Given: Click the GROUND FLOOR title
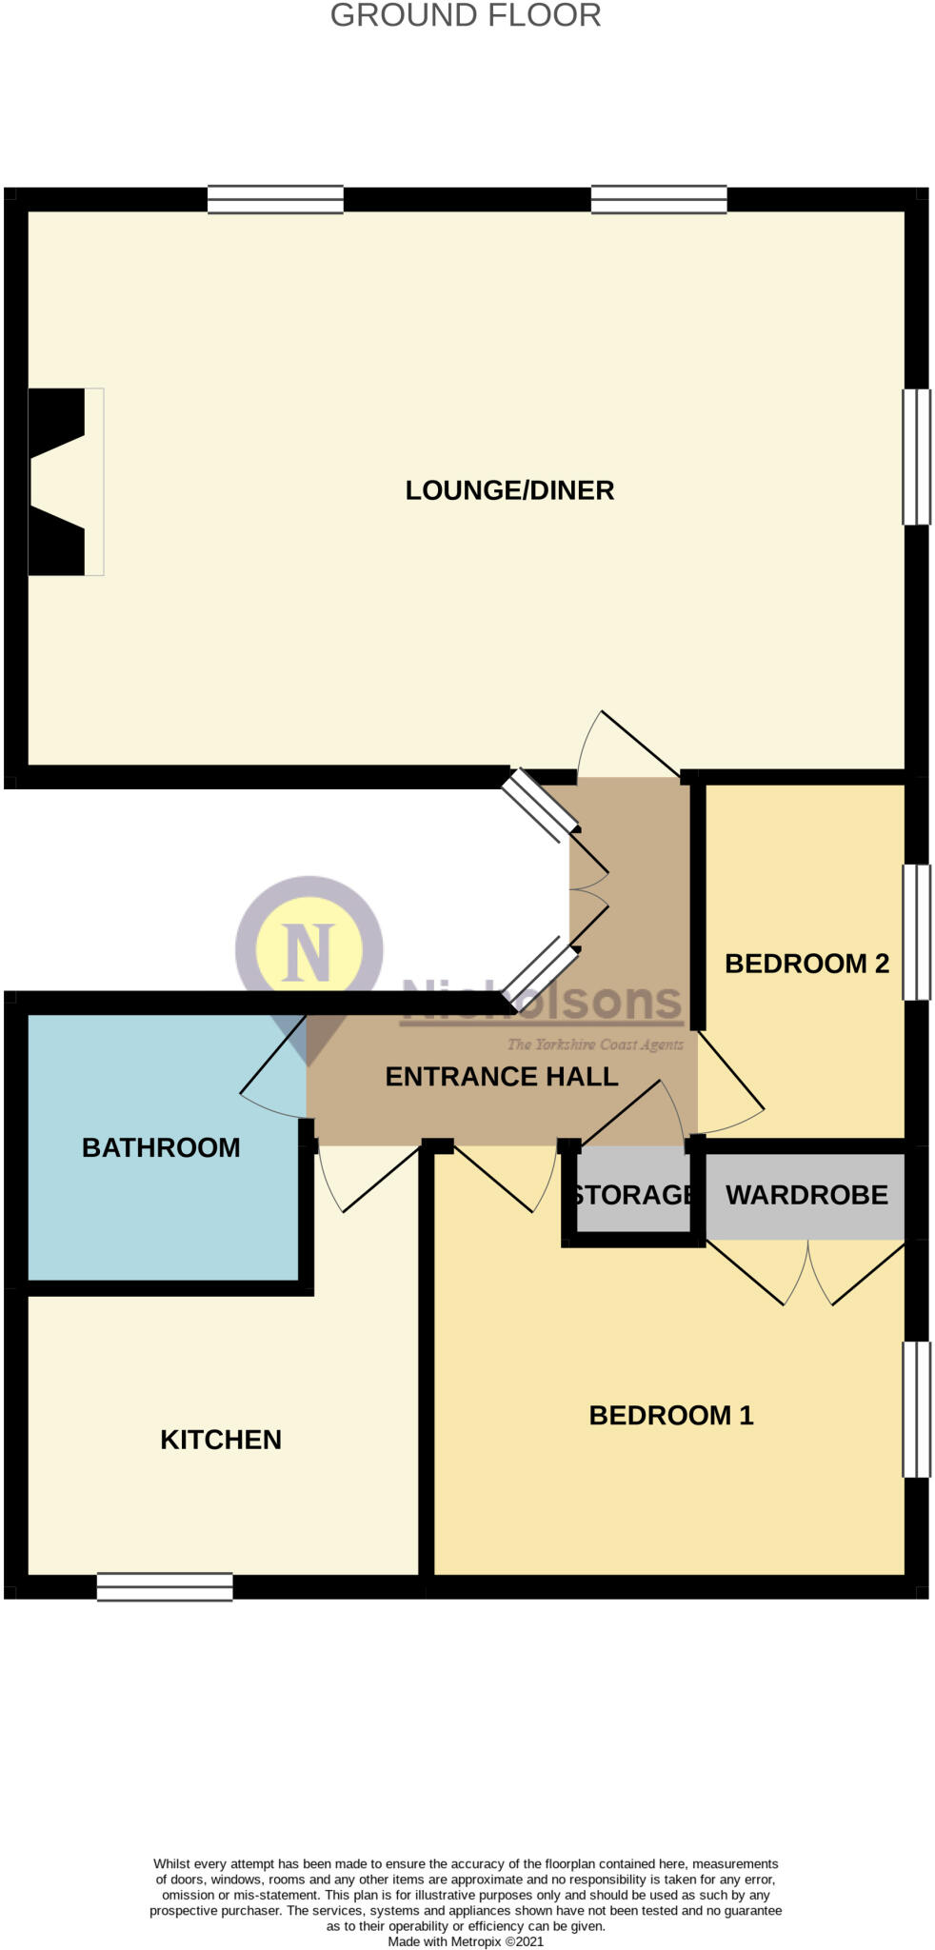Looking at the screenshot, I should (466, 16).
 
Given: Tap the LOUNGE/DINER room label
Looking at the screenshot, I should (509, 490).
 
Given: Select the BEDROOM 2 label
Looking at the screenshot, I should (806, 964).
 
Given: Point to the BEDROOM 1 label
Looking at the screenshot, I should (671, 1415).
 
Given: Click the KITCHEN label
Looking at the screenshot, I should (221, 1440).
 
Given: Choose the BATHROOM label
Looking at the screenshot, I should (161, 1147).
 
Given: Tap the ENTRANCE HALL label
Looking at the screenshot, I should (502, 1076).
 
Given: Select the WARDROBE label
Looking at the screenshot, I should (806, 1195).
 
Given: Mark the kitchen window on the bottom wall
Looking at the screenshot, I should (165, 1586).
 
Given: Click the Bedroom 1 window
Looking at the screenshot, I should (916, 1409).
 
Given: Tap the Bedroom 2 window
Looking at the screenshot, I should (916, 931).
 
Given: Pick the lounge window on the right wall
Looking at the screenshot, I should (916, 456).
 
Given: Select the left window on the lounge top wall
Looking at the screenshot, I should (275, 199).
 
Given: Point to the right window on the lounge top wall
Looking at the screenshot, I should (659, 199).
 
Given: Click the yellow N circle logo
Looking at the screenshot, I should (309, 949).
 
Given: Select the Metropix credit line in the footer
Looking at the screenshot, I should (466, 1940).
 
